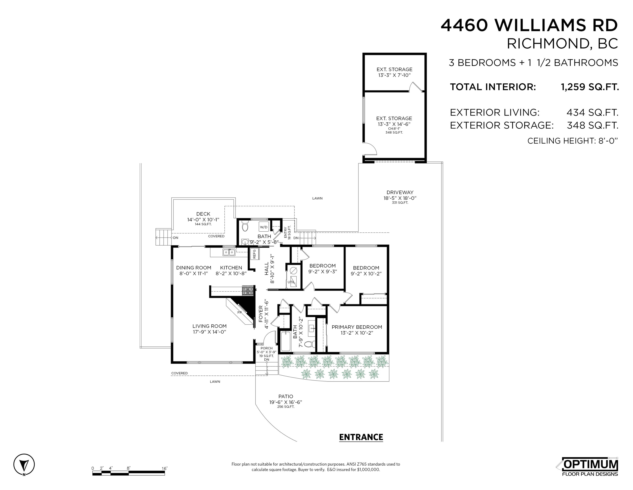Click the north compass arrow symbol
pos(24,464)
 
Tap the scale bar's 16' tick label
pos(165,469)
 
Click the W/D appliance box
pos(264,227)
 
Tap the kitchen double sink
pos(229,252)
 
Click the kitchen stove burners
pos(248,291)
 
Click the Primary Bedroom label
pos(357,327)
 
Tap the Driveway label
pos(400,192)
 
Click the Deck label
pos(203,214)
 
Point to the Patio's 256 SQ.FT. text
pos(286,407)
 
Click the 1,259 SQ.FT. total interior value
pos(590,87)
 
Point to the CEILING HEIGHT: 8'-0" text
pos(573,141)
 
